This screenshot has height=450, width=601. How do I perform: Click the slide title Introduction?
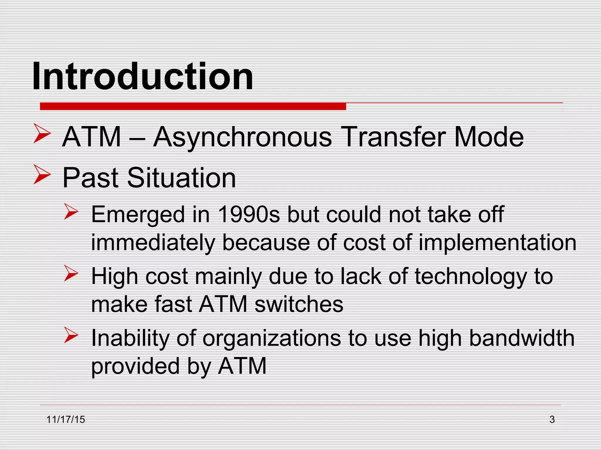[142, 77]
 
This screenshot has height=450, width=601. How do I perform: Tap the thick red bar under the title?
[193, 106]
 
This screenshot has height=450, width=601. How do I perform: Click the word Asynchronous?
[242, 137]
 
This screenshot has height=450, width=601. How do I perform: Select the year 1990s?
[249, 214]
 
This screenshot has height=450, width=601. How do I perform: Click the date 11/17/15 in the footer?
[66, 420]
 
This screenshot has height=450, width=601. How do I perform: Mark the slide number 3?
[552, 420]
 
